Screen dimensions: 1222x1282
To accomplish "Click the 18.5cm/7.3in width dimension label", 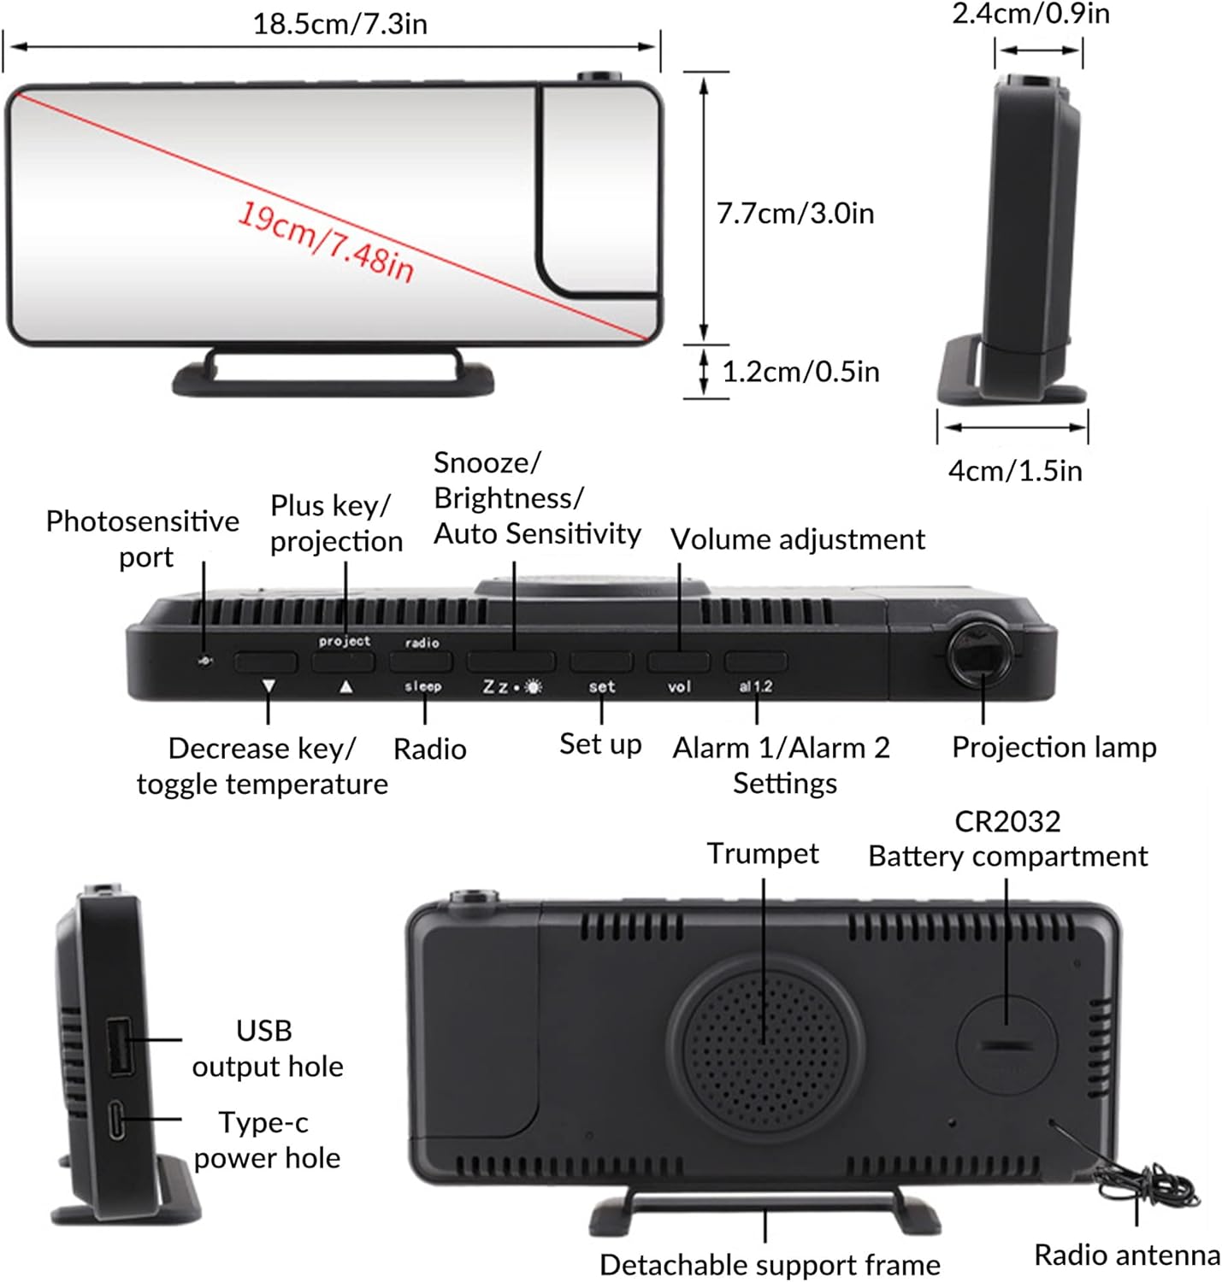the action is pos(339,23).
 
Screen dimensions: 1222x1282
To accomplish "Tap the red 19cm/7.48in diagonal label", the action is pos(325,242).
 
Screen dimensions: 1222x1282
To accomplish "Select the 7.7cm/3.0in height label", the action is pos(794,213).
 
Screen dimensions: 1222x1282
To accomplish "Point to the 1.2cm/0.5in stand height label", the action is pos(800,372).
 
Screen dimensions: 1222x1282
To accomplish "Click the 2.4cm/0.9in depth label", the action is pos(1030,14).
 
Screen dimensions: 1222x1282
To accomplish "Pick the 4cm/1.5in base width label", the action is pos(1014,471).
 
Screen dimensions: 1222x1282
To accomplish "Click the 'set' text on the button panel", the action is pos(601,686).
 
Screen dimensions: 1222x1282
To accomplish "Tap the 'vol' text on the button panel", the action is pos(679,686).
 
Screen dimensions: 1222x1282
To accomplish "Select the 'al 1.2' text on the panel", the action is pos(755,686).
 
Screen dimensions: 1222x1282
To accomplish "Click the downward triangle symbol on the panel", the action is pos(269,686).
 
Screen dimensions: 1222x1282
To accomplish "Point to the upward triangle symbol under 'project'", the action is pos(345,686).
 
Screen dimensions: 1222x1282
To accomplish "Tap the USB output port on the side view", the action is pos(119,1044).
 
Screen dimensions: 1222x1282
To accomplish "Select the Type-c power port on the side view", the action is pos(116,1120).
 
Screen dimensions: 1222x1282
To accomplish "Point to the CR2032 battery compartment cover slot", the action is pos(1006,1045).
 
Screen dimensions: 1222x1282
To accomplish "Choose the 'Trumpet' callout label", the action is pos(762,853).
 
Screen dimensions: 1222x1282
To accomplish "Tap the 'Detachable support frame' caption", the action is pos(769,1264).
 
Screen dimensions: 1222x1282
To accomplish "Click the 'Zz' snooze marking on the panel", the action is pos(496,686).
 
